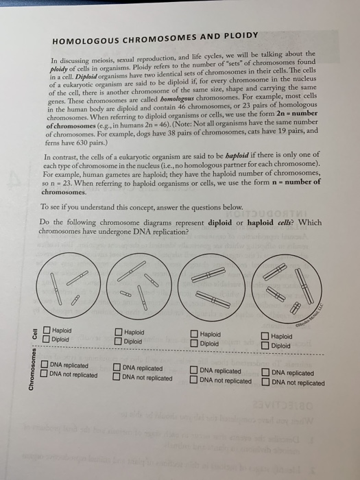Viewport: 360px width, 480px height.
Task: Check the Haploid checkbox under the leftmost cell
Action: tap(45, 331)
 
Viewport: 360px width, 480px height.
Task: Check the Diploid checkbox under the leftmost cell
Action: tap(45, 339)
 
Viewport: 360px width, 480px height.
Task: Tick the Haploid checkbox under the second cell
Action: tap(119, 333)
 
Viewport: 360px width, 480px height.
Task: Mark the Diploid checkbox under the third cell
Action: tap(195, 343)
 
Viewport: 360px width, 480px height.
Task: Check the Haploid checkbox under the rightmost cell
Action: tap(265, 337)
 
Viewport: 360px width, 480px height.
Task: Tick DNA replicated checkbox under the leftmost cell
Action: tap(44, 365)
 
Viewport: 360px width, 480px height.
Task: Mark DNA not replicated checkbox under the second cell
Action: tap(117, 377)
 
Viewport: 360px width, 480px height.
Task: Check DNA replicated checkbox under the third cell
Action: tap(194, 370)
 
